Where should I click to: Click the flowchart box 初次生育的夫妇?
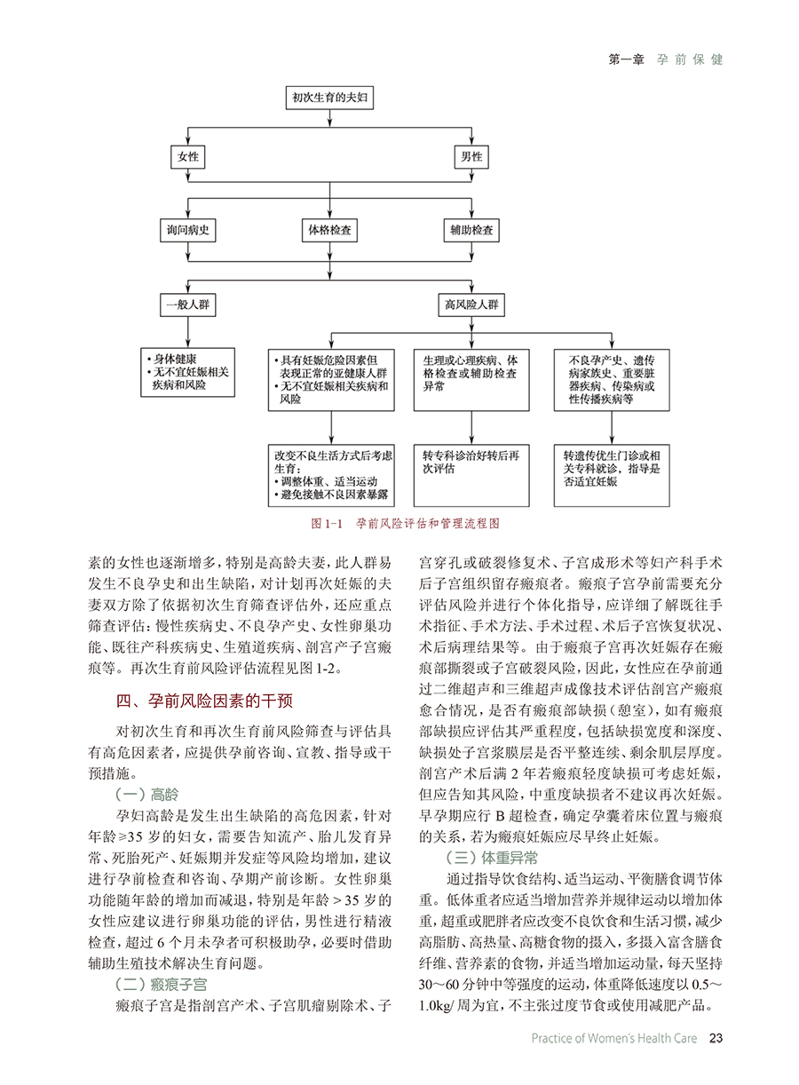[329, 98]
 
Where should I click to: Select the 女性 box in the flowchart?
[188, 157]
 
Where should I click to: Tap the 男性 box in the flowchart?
[471, 157]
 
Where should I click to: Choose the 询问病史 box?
[188, 230]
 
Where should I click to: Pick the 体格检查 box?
[329, 230]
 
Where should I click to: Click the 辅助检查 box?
[471, 230]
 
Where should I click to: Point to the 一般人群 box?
[188, 305]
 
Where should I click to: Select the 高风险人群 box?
[471, 305]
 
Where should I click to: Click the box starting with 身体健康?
[188, 373]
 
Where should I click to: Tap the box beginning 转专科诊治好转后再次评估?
[471, 476]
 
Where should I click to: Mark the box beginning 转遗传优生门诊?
[612, 476]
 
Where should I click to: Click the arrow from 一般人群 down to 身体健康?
[188, 332]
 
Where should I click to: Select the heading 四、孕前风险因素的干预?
[204, 701]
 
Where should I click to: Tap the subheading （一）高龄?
[147, 795]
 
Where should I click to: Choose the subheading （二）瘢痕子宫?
[162, 985]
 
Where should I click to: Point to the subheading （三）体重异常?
[492, 858]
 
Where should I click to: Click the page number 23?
[716, 1038]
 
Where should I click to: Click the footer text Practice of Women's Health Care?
[614, 1038]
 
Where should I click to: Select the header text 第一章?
[626, 59]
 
